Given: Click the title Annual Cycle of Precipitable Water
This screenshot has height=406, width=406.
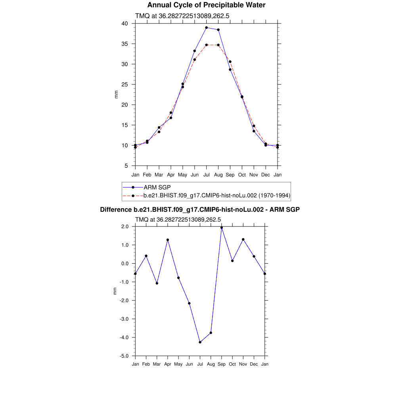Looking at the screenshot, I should [206, 5].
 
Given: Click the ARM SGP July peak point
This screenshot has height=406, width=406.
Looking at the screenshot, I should [207, 28].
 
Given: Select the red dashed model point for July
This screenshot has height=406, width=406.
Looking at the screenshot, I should [207, 45].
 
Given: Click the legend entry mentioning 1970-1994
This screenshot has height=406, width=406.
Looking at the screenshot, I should [217, 195].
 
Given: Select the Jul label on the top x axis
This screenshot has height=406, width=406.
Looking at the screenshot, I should [207, 175].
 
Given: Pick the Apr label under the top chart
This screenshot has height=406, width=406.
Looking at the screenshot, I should [171, 175].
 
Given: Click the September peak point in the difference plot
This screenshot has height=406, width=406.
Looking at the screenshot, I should [222, 228].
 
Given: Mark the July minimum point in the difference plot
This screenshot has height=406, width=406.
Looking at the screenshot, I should [200, 342].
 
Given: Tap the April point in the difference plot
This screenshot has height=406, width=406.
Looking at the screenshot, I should [168, 240].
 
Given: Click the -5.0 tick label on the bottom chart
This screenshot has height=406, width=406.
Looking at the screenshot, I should [126, 356].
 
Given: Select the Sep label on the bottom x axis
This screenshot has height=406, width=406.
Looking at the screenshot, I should [222, 364].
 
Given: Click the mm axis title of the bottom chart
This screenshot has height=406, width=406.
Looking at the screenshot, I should [115, 291].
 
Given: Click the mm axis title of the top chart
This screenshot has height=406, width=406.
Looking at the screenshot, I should [116, 94].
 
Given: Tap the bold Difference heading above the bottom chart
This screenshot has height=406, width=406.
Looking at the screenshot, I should [200, 209].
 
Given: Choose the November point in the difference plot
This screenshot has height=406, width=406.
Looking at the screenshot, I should [243, 239].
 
